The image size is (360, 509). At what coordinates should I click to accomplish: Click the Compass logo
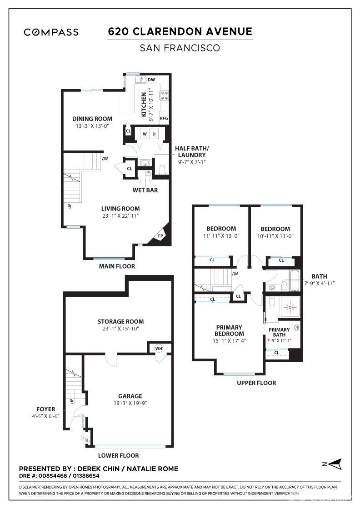pyautogui.click(x=51, y=32)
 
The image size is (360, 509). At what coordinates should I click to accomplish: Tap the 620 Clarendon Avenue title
pyautogui.click(x=180, y=31)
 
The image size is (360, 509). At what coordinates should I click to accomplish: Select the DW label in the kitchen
pyautogui.click(x=151, y=80)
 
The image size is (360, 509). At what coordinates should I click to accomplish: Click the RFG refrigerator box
pyautogui.click(x=164, y=118)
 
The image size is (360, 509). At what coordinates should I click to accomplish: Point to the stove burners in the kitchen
pyautogui.click(x=165, y=95)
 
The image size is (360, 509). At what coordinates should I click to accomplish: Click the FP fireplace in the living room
pyautogui.click(x=160, y=236)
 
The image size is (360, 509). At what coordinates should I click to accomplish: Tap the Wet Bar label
pyautogui.click(x=145, y=190)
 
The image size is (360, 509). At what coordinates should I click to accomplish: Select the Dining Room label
pyautogui.click(x=92, y=119)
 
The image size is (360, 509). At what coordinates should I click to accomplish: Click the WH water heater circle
pyautogui.click(x=159, y=349)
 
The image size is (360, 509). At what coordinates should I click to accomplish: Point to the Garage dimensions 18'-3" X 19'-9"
pyautogui.click(x=130, y=403)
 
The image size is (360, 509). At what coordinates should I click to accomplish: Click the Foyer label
pyautogui.click(x=46, y=409)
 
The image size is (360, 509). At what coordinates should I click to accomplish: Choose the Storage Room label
pyautogui.click(x=121, y=322)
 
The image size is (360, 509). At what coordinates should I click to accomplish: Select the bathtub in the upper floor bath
pyautogui.click(x=295, y=281)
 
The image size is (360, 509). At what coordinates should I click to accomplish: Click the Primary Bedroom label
pyautogui.click(x=229, y=330)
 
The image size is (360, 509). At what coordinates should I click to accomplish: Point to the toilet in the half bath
pyautogui.click(x=162, y=170)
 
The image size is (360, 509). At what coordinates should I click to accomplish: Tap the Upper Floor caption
pyautogui.click(x=256, y=383)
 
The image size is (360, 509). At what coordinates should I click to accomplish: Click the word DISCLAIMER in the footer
pyautogui.click(x=30, y=487)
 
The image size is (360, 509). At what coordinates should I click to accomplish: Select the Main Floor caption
pyautogui.click(x=117, y=266)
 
